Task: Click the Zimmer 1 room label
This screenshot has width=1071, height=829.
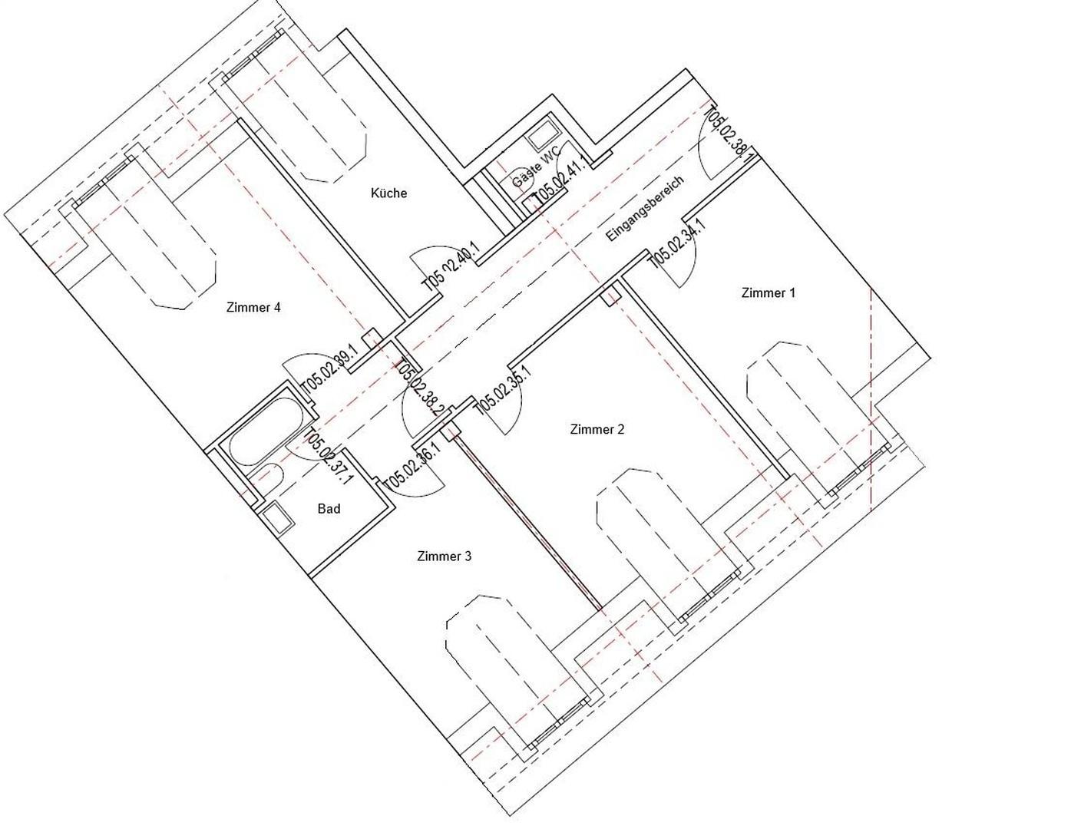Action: point(768,292)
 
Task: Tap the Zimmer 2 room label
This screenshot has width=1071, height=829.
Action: point(597,429)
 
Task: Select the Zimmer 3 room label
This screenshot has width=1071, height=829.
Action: point(444,556)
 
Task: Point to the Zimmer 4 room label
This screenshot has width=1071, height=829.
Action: point(253,307)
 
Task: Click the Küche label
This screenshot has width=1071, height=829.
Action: point(388,193)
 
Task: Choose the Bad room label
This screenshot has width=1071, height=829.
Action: point(329,508)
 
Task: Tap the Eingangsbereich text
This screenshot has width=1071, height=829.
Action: point(643,210)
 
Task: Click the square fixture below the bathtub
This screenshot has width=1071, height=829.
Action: point(278,518)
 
